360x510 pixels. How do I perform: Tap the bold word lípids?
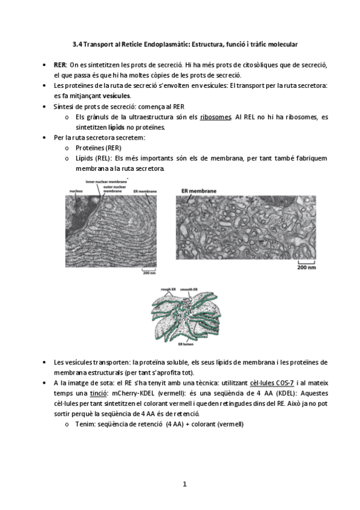(x=116, y=127)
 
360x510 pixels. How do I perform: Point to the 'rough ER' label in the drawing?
(x=168, y=289)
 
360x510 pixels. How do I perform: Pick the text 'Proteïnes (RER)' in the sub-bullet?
(x=96, y=148)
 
